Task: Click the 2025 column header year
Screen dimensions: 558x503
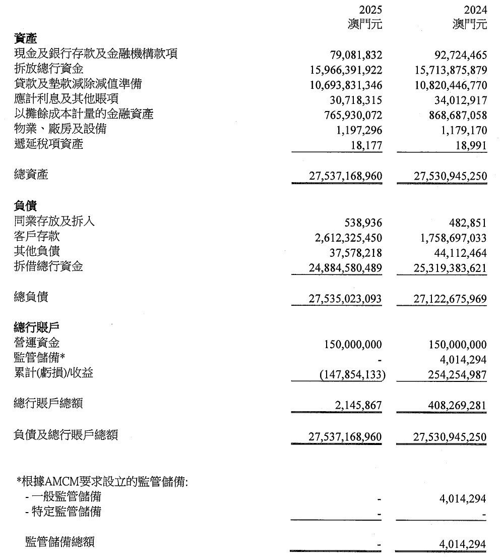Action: click(x=370, y=10)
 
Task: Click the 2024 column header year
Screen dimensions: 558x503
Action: click(x=475, y=10)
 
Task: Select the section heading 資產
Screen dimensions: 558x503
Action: click(x=26, y=39)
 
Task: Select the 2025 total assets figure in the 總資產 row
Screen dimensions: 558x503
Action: click(x=345, y=176)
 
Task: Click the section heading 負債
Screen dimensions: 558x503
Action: click(x=26, y=206)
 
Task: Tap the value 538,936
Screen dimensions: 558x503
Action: click(x=364, y=222)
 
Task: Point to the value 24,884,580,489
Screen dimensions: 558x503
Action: click(x=345, y=267)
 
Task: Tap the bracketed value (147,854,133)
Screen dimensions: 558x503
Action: click(x=349, y=374)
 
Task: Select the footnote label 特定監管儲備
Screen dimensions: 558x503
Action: click(x=67, y=512)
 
